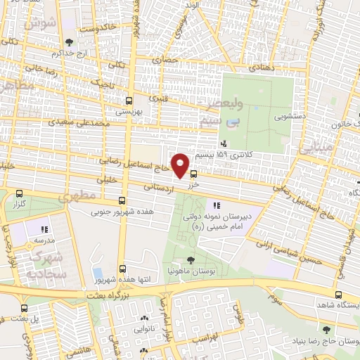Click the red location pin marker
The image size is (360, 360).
click(181, 165)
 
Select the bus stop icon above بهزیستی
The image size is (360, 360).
click(129, 101)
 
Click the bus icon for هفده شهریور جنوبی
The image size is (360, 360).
click(124, 200)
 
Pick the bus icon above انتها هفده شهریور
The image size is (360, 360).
click(124, 268)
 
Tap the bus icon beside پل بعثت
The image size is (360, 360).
click(25, 308)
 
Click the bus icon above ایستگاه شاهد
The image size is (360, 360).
click(340, 295)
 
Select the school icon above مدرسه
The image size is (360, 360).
click(44, 229)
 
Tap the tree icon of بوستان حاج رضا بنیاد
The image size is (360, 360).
click(325, 329)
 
